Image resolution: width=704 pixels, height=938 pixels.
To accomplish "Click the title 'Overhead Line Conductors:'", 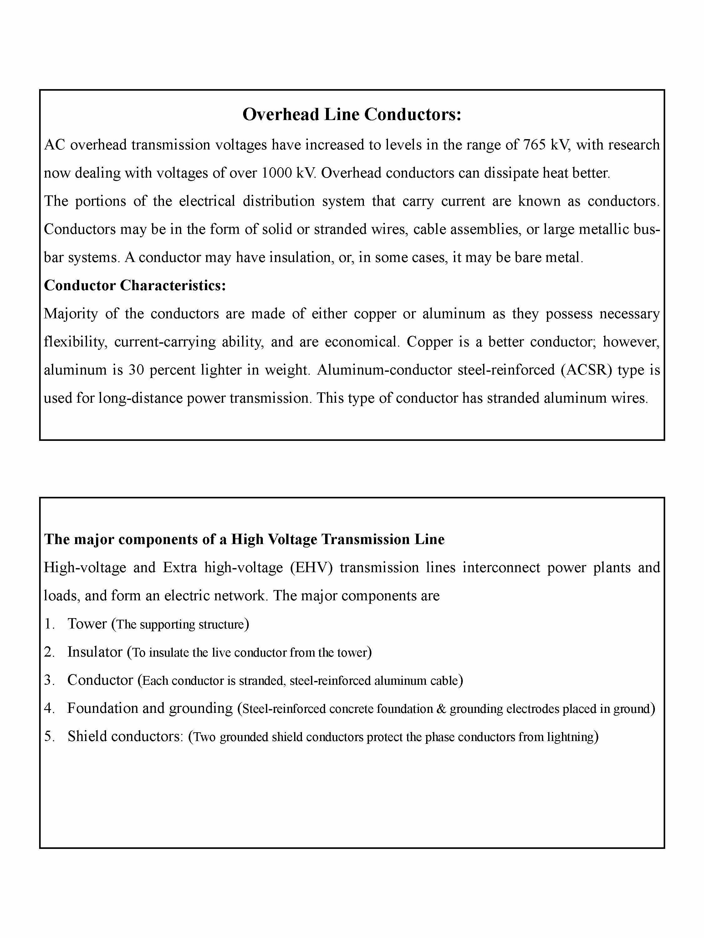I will [352, 114].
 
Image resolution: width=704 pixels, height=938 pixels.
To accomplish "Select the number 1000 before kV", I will [277, 173].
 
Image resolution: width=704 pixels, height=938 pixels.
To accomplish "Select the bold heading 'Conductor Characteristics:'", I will [135, 285].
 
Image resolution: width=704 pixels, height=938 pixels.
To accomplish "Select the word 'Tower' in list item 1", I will [87, 624].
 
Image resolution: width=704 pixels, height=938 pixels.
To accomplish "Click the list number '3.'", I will [50, 680].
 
